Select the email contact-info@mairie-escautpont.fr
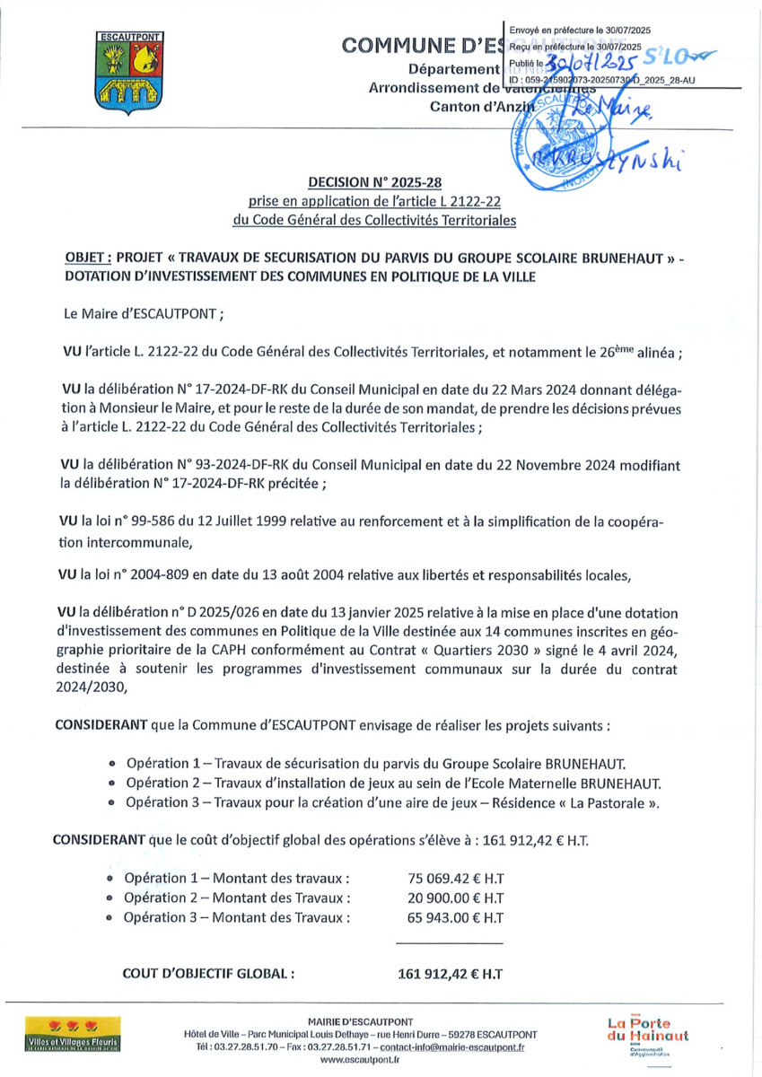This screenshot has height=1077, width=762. tap(455, 1046)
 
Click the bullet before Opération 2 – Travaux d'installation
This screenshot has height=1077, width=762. tap(111, 784)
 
